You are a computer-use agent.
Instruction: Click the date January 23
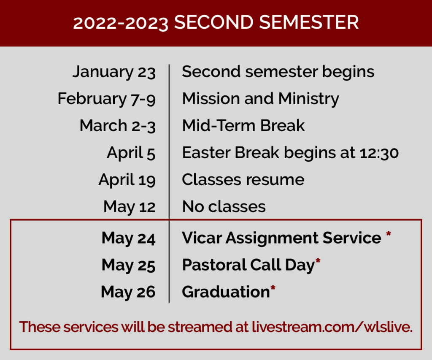[x=114, y=72]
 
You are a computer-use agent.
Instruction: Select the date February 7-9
[x=107, y=99]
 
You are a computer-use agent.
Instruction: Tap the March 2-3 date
[x=118, y=126]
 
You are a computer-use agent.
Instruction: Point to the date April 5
[x=131, y=153]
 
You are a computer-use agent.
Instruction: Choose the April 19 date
[x=127, y=180]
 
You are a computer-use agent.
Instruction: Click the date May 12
[x=130, y=207]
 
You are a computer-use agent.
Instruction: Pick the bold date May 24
[x=129, y=238]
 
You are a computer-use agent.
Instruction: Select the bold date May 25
[x=129, y=265]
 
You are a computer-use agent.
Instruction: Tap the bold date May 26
[x=128, y=292]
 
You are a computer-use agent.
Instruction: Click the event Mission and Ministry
[x=261, y=99]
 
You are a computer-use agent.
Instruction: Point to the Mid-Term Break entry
[x=243, y=126]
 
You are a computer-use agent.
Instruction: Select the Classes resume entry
[x=243, y=180]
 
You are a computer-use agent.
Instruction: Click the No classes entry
[x=224, y=207]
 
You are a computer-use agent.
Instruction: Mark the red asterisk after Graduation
[x=273, y=288]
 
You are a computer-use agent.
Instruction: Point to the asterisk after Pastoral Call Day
[x=318, y=261]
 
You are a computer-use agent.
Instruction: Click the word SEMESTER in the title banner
[x=309, y=22]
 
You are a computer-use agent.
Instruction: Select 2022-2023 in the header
[x=121, y=23]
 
